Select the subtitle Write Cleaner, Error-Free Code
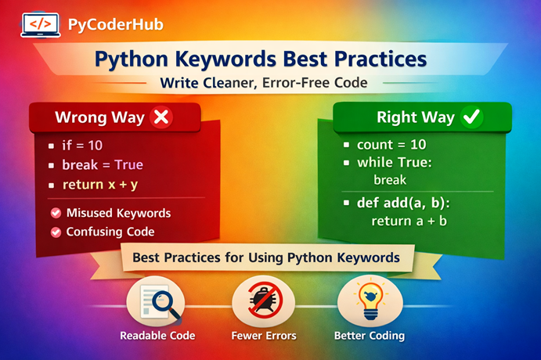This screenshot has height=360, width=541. point(270,82)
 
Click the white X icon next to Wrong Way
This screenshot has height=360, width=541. point(161,117)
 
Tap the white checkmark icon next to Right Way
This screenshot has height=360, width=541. point(473,117)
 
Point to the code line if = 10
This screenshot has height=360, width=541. point(83,146)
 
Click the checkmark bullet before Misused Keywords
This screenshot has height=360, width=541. point(56,213)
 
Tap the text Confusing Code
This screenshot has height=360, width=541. point(110,232)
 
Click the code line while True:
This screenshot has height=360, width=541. point(394,164)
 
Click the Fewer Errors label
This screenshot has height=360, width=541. point(264,336)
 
